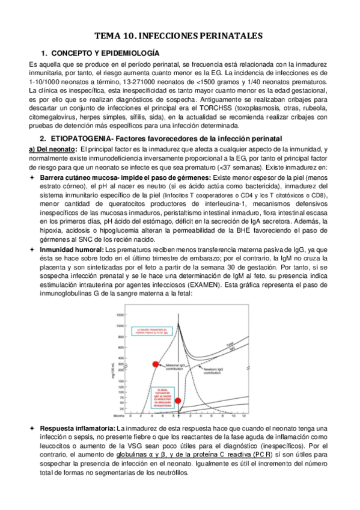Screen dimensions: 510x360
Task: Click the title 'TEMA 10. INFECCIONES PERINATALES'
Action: tap(180, 37)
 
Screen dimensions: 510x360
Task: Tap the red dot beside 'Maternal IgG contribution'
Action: tap(156, 364)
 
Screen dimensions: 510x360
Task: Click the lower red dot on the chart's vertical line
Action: tap(177, 400)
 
